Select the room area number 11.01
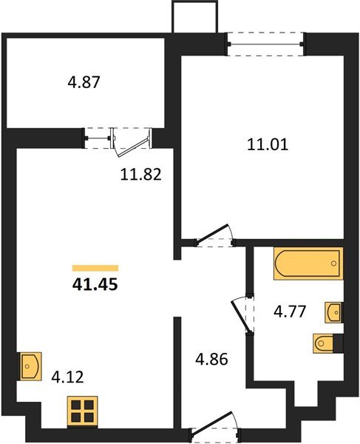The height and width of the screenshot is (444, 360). point(267,145)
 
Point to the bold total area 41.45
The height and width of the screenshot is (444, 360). point(95,282)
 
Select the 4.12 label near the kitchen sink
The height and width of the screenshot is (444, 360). point(67,377)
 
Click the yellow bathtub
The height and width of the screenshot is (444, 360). point(308,264)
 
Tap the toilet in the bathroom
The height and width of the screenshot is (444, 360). point(327,343)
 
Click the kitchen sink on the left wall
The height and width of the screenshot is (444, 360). point(29,365)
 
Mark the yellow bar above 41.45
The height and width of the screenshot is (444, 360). point(95,268)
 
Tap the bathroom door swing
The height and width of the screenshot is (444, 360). point(241,314)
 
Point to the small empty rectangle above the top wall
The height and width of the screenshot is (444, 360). point(196,16)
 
